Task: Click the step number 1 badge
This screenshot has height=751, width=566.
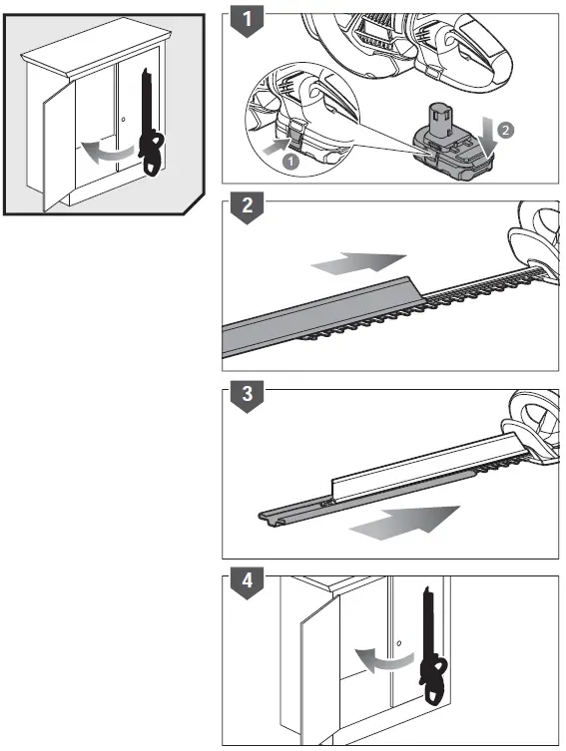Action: pos(247,21)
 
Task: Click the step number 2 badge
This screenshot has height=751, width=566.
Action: pos(247,206)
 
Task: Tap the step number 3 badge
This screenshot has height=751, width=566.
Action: pos(247,396)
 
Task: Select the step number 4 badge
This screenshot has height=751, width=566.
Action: pos(247,582)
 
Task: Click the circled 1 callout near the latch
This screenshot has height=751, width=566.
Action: pos(290,161)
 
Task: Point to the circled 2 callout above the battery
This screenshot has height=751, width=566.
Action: pos(505,130)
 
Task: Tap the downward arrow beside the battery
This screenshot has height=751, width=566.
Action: pos(488,139)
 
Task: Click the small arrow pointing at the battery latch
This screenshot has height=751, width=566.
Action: pos(276,146)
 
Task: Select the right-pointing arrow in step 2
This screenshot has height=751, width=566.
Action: pos(358,263)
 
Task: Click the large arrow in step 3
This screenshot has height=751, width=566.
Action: pos(404,523)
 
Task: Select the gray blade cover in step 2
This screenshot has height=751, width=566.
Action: pos(322,317)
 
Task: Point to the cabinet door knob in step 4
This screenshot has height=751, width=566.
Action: pos(398,643)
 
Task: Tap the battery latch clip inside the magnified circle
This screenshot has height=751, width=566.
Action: pos(297,133)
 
